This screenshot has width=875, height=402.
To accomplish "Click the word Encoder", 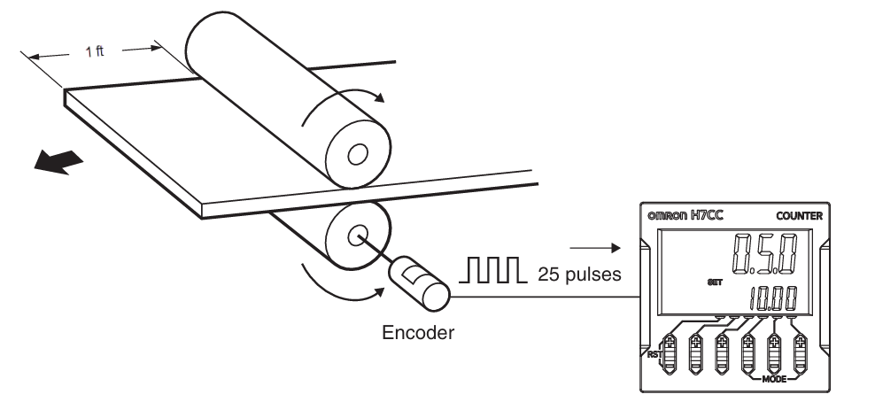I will pyautogui.click(x=419, y=333).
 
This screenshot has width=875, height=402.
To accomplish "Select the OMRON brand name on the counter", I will pyautogui.click(x=670, y=216).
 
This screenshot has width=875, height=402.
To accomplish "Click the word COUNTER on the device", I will pyautogui.click(x=799, y=215).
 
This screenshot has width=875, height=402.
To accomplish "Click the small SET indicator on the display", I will pyautogui.click(x=716, y=283).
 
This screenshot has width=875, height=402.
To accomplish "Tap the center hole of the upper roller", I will pyautogui.click(x=358, y=156).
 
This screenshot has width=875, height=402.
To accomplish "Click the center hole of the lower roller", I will pyautogui.click(x=358, y=236).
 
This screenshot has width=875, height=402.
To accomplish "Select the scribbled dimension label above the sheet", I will pyautogui.click(x=96, y=54).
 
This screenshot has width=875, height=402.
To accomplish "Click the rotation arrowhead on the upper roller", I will pyautogui.click(x=381, y=97).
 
